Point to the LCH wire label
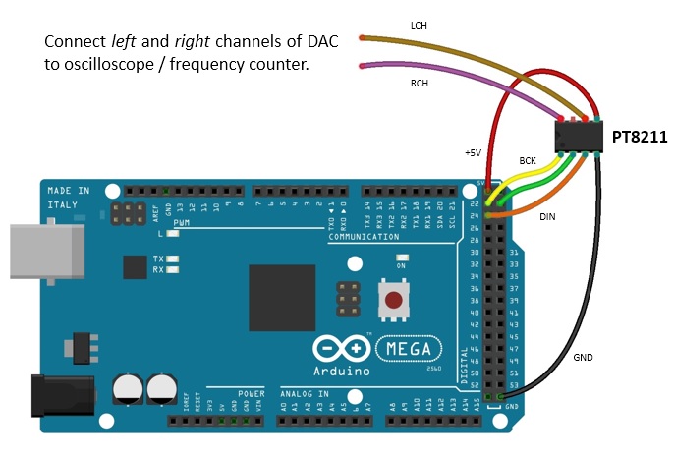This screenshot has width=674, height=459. [418, 25]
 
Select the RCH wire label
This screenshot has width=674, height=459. [420, 84]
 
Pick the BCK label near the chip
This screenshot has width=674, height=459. [528, 159]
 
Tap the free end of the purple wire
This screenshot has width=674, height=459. [363, 66]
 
